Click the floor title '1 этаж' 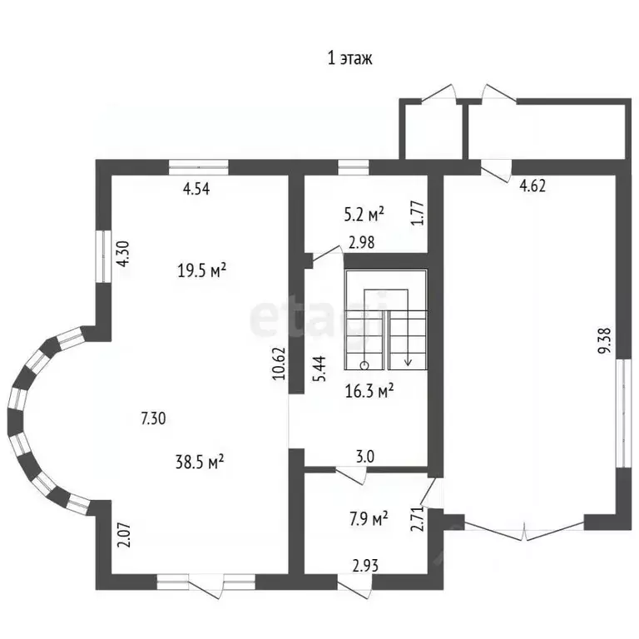click(x=349, y=58)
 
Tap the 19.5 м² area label click(x=201, y=270)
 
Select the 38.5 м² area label click(x=200, y=462)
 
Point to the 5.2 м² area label click(x=364, y=215)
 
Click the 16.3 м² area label click(x=369, y=391)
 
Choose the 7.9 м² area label click(x=369, y=519)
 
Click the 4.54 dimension click(x=196, y=189)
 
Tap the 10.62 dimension click(x=279, y=364)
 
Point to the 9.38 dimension click(x=605, y=341)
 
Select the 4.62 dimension click(x=532, y=186)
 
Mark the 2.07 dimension click(x=124, y=535)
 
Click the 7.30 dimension click(x=153, y=419)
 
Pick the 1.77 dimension click(x=419, y=213)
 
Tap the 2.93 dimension click(x=365, y=566)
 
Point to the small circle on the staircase click(x=364, y=365)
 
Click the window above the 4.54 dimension click(x=199, y=167)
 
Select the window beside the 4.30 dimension click(x=103, y=256)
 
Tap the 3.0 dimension click(x=365, y=457)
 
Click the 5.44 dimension click(x=319, y=369)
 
